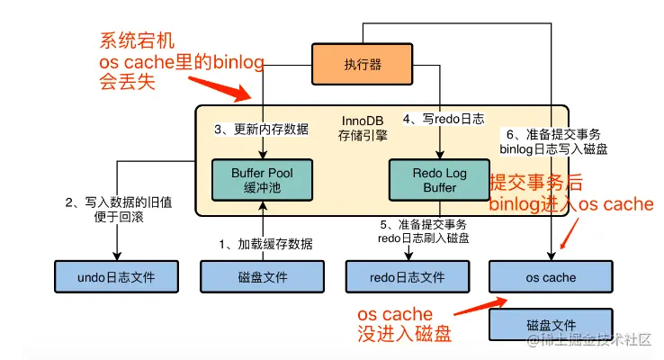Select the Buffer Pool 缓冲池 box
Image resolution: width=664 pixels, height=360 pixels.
262,180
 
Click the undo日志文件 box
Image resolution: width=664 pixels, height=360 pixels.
116,277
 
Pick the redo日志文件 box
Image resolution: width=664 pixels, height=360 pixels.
407,277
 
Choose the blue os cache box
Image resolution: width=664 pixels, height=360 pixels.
550,277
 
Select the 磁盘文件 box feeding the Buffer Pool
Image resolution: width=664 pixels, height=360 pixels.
262,277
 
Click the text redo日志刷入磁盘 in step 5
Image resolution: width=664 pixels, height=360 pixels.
413,238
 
